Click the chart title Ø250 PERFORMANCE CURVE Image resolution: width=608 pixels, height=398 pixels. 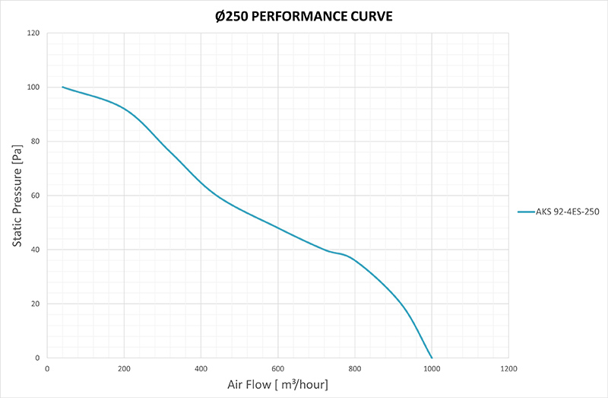[303, 15]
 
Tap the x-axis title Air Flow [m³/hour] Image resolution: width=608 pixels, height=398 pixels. [277, 384]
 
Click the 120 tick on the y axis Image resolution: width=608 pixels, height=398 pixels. [33, 33]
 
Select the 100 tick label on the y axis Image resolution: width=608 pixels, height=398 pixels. [33, 88]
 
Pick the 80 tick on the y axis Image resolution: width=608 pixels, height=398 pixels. [36, 142]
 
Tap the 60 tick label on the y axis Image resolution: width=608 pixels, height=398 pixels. [36, 196]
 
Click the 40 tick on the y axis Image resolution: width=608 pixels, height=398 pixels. [36, 250]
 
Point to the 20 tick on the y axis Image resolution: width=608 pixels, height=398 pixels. [36, 304]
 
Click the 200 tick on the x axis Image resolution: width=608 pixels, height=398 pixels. [124, 368]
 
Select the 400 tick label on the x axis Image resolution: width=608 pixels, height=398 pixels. [201, 368]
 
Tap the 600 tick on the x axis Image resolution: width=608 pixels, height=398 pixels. [277, 368]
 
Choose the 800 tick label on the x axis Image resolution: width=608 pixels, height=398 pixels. [355, 368]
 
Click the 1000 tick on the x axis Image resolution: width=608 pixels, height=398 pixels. [432, 368]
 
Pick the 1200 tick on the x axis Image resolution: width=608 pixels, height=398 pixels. [508, 368]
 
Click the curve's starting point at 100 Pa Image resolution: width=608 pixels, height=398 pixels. [62, 87]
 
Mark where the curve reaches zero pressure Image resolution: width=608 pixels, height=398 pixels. [432, 358]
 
